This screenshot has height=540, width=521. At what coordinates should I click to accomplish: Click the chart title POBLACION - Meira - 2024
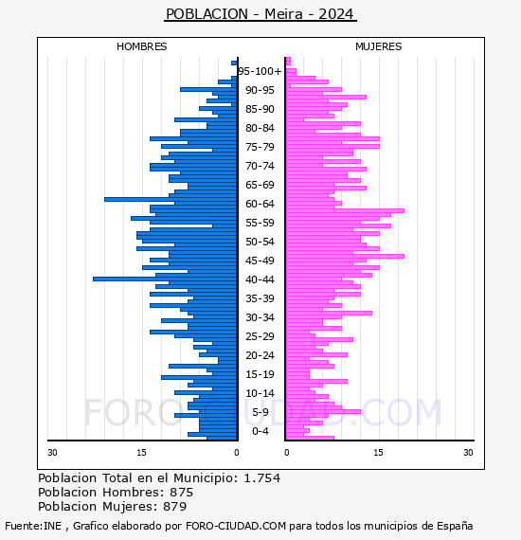tap(260, 14)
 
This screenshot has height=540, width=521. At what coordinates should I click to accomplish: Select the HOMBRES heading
tap(141, 46)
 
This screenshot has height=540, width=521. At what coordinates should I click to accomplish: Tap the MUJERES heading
tap(379, 46)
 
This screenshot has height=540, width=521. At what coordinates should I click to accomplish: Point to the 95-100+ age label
tap(260, 71)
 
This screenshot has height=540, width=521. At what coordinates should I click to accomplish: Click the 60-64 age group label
tap(260, 204)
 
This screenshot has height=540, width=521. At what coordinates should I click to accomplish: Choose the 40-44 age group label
tap(260, 279)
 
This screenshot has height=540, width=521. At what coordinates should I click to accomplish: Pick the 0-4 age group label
tap(260, 431)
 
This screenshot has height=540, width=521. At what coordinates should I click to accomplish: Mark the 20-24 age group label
tap(260, 355)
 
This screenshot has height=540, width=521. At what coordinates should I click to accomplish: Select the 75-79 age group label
tap(260, 147)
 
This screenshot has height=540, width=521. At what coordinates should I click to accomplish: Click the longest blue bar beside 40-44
tap(165, 279)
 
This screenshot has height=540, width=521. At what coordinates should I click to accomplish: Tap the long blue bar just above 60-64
tap(171, 199)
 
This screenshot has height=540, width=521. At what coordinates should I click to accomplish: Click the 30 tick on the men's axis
tap(52, 453)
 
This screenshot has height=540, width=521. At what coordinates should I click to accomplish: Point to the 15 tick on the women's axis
tap(378, 453)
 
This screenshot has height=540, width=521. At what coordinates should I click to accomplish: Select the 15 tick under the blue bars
tap(141, 453)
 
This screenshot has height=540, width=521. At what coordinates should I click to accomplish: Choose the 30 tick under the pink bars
tap(468, 453)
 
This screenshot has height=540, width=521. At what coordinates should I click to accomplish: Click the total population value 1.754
tap(262, 478)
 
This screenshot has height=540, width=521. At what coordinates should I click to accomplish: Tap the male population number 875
tap(182, 493)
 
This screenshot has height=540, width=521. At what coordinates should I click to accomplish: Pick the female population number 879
tap(175, 507)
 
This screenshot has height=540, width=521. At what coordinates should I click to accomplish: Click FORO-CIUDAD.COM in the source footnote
tap(236, 526)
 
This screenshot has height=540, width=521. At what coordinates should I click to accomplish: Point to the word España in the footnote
tap(455, 527)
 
